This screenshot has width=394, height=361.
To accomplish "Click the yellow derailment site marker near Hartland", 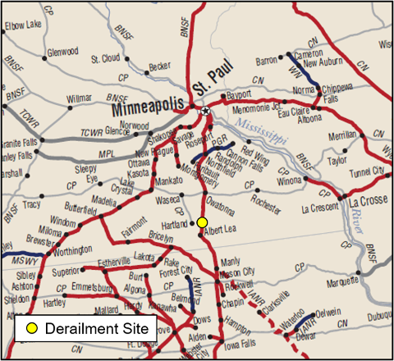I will [202, 222].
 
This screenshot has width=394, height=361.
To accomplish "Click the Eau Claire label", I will [309, 108].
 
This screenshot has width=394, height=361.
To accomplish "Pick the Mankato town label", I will [168, 179].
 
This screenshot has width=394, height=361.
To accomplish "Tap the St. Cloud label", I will [106, 59].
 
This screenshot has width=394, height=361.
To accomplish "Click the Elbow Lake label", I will [23, 25].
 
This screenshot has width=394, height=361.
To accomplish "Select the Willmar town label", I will [80, 98].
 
